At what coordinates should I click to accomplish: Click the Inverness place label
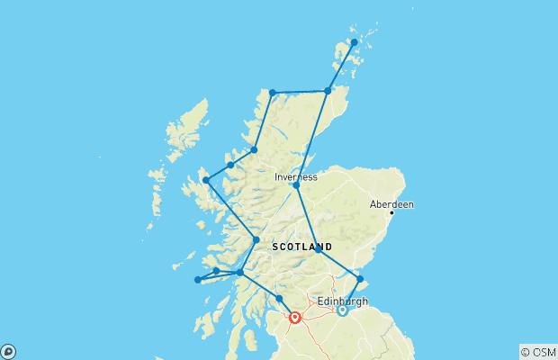point(296,177)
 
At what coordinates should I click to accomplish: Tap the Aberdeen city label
point(391,204)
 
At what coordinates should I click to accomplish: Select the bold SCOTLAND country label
point(301,247)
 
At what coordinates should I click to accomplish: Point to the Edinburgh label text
point(343,301)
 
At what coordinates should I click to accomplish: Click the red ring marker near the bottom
point(295,317)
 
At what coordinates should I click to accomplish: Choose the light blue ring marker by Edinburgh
point(342,310)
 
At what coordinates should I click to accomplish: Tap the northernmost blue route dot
point(354,42)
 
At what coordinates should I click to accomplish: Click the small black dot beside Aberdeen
point(391,213)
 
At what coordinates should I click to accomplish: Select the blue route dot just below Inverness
point(296,185)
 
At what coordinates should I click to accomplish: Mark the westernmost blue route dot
point(198,280)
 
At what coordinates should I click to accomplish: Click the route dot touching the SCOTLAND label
point(318,249)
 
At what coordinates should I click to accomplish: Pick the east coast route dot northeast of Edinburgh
point(360,278)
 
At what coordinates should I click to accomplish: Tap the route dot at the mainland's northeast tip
point(328,91)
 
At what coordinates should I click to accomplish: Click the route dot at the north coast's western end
point(272,93)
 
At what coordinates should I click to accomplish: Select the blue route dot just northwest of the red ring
point(279,299)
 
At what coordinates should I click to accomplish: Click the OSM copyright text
point(537,351)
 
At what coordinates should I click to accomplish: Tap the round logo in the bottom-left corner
point(8,351)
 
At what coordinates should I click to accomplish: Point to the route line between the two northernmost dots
point(341,67)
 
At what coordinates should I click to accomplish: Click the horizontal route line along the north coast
point(300,92)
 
